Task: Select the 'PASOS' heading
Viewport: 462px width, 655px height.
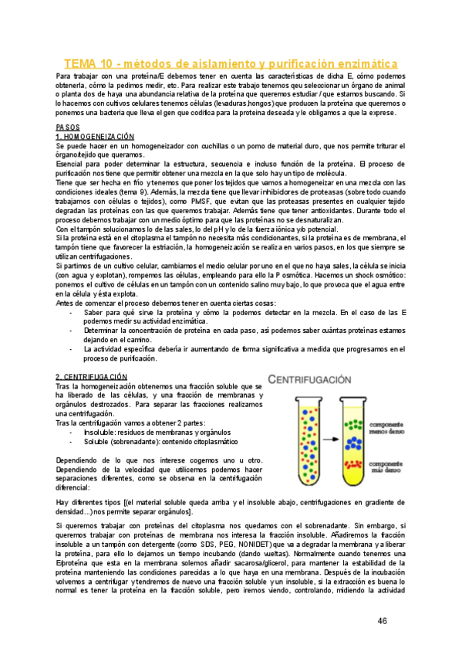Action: click(x=68, y=127)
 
